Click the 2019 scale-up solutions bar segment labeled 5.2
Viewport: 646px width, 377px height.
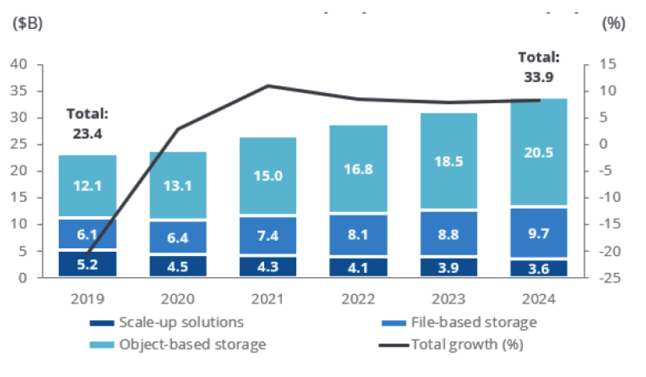click(88, 263)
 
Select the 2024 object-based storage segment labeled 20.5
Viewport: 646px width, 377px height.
click(539, 152)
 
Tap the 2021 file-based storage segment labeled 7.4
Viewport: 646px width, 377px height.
click(268, 235)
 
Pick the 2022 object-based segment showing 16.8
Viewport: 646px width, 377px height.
click(359, 168)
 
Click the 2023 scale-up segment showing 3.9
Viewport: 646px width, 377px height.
click(449, 268)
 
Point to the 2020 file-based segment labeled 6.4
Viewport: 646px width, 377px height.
click(177, 237)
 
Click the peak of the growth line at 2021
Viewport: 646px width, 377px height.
click(268, 86)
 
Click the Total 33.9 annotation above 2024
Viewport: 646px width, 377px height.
click(539, 67)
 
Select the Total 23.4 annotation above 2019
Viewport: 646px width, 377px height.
click(88, 124)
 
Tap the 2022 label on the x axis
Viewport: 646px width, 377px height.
click(358, 299)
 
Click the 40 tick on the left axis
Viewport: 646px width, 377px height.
click(18, 64)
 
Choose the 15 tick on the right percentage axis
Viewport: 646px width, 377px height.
click(608, 64)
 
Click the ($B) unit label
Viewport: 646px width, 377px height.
click(27, 23)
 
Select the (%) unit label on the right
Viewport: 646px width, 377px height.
click(614, 23)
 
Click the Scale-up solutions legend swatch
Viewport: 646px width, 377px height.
click(102, 323)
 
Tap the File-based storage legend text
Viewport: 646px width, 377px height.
click(474, 322)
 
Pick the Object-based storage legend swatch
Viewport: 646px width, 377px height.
click(102, 345)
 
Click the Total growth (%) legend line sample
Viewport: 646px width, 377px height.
click(393, 345)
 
